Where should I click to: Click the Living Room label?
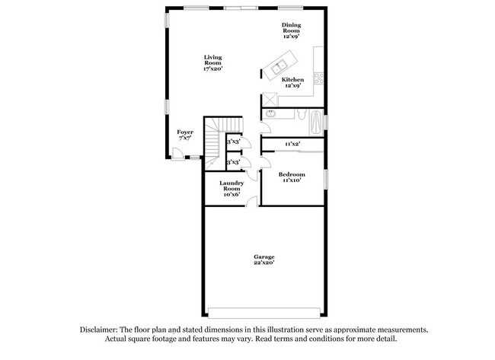click(212, 63)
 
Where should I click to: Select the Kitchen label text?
click(293, 82)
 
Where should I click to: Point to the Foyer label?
click(185, 135)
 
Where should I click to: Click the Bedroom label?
click(292, 177)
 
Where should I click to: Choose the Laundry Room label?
click(232, 188)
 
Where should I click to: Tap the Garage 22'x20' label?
click(264, 260)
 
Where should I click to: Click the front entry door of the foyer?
click(177, 155)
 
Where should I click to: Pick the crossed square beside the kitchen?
click(270, 99)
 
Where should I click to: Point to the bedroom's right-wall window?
click(326, 177)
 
